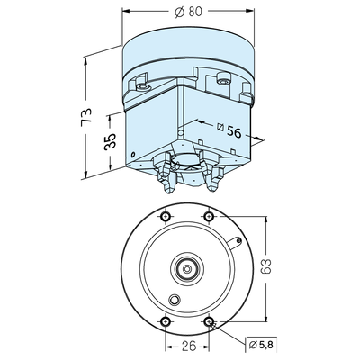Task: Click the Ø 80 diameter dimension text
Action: point(188,12)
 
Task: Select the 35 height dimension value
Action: point(110,141)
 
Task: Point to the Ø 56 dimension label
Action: point(229,130)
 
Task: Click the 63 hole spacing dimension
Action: point(265,265)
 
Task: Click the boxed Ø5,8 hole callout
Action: point(261,345)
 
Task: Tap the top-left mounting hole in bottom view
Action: point(166,216)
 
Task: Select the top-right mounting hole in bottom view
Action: point(209,216)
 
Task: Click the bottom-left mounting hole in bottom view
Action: point(166,321)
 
